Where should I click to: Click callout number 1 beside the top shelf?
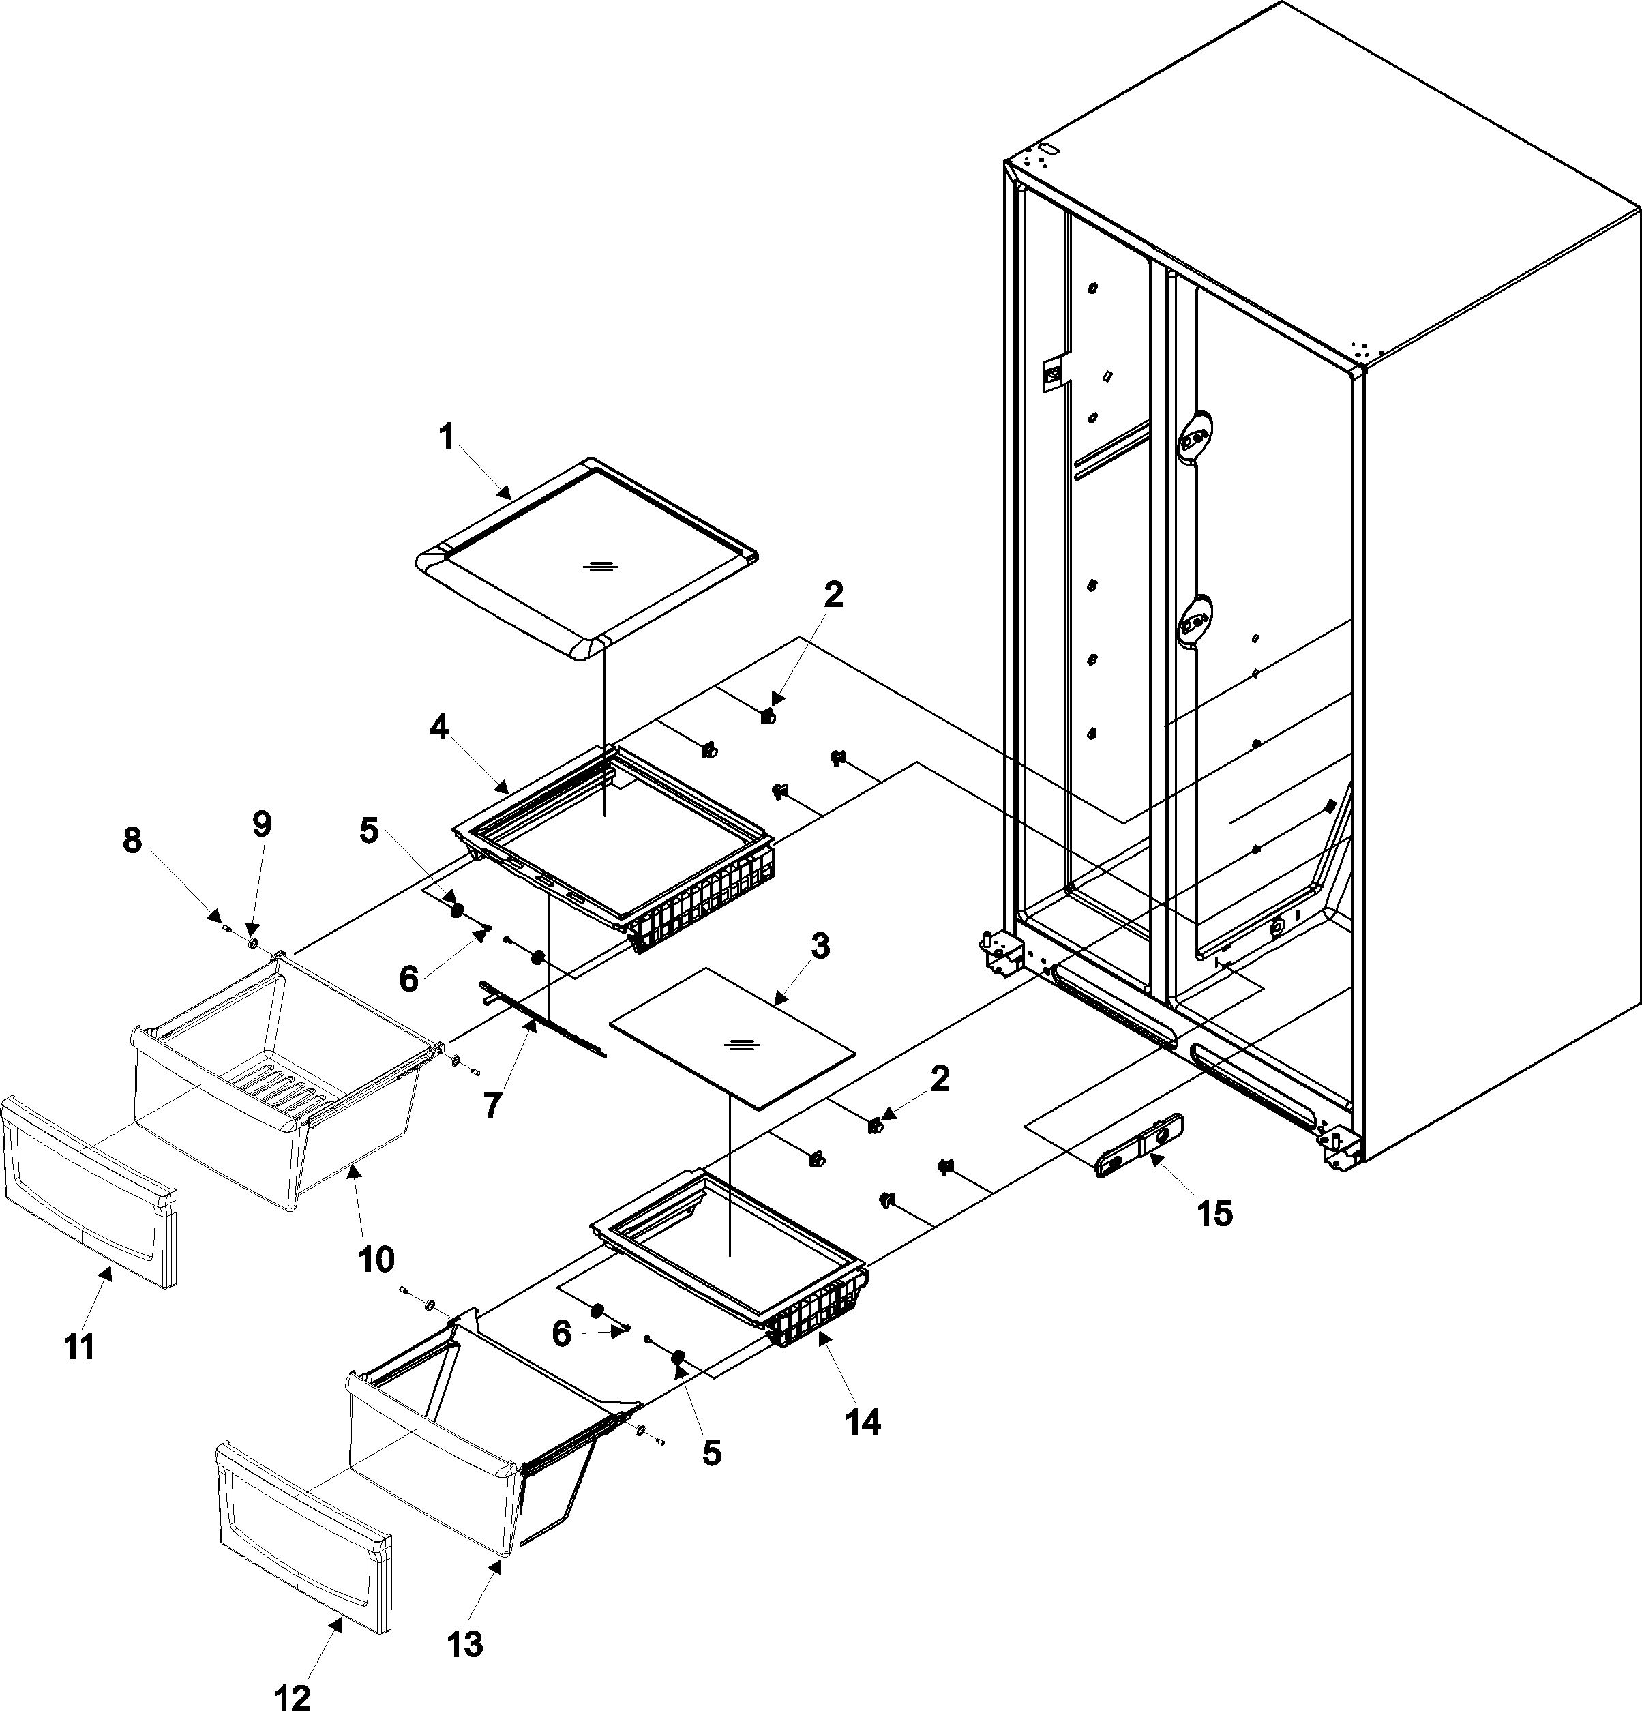(x=446, y=437)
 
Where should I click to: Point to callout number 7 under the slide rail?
(x=492, y=1105)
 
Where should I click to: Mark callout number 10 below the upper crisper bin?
(x=374, y=1258)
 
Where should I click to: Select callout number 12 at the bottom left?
(x=292, y=1696)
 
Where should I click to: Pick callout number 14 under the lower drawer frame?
(x=863, y=1421)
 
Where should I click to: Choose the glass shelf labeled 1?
(x=586, y=559)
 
